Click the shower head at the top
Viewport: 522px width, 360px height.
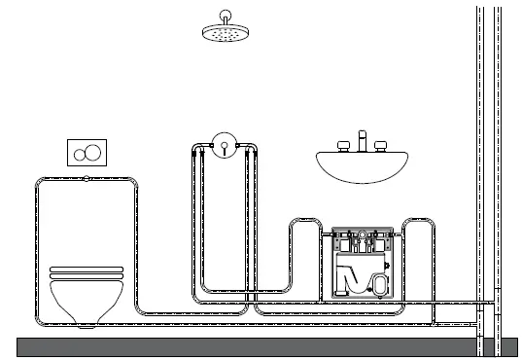click(x=226, y=34)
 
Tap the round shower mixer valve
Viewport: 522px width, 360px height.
click(x=224, y=146)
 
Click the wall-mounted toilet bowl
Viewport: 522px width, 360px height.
click(x=87, y=296)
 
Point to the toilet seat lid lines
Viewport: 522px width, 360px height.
click(x=87, y=270)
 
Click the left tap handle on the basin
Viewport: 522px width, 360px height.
click(x=342, y=146)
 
